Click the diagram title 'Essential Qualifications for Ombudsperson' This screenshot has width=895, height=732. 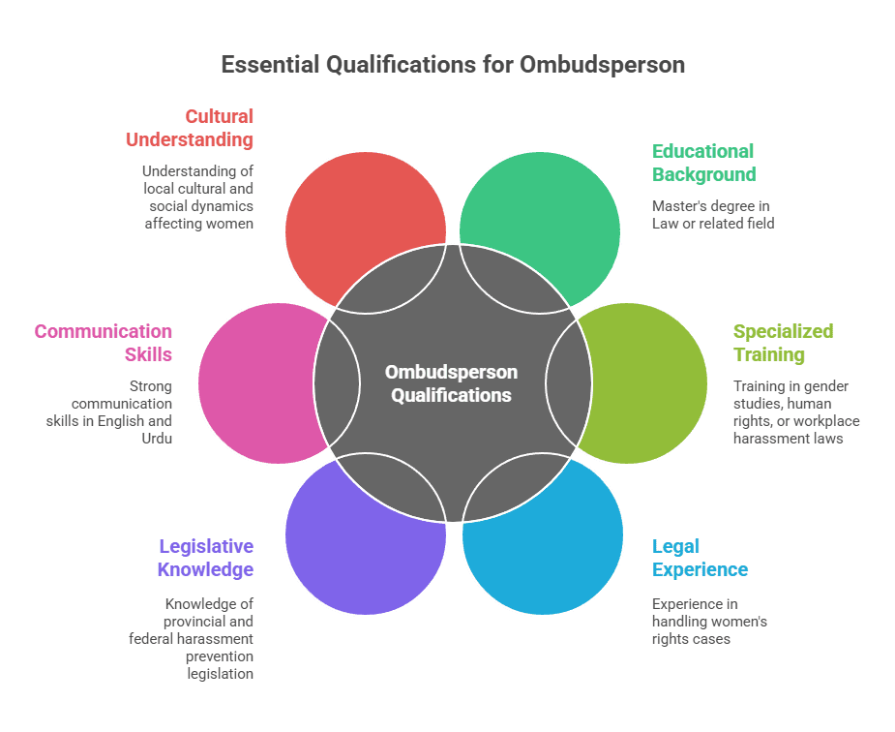click(x=453, y=65)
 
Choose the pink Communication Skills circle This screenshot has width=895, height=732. click(x=252, y=382)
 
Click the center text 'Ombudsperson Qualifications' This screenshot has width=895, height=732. click(x=451, y=383)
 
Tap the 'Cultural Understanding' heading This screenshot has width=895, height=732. click(x=190, y=128)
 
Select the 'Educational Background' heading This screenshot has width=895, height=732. click(x=703, y=163)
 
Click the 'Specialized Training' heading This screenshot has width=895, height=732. click(x=783, y=343)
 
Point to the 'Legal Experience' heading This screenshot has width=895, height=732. click(x=700, y=558)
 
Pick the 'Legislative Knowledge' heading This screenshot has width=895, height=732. click(x=205, y=558)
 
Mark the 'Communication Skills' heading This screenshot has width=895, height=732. click(x=104, y=343)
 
